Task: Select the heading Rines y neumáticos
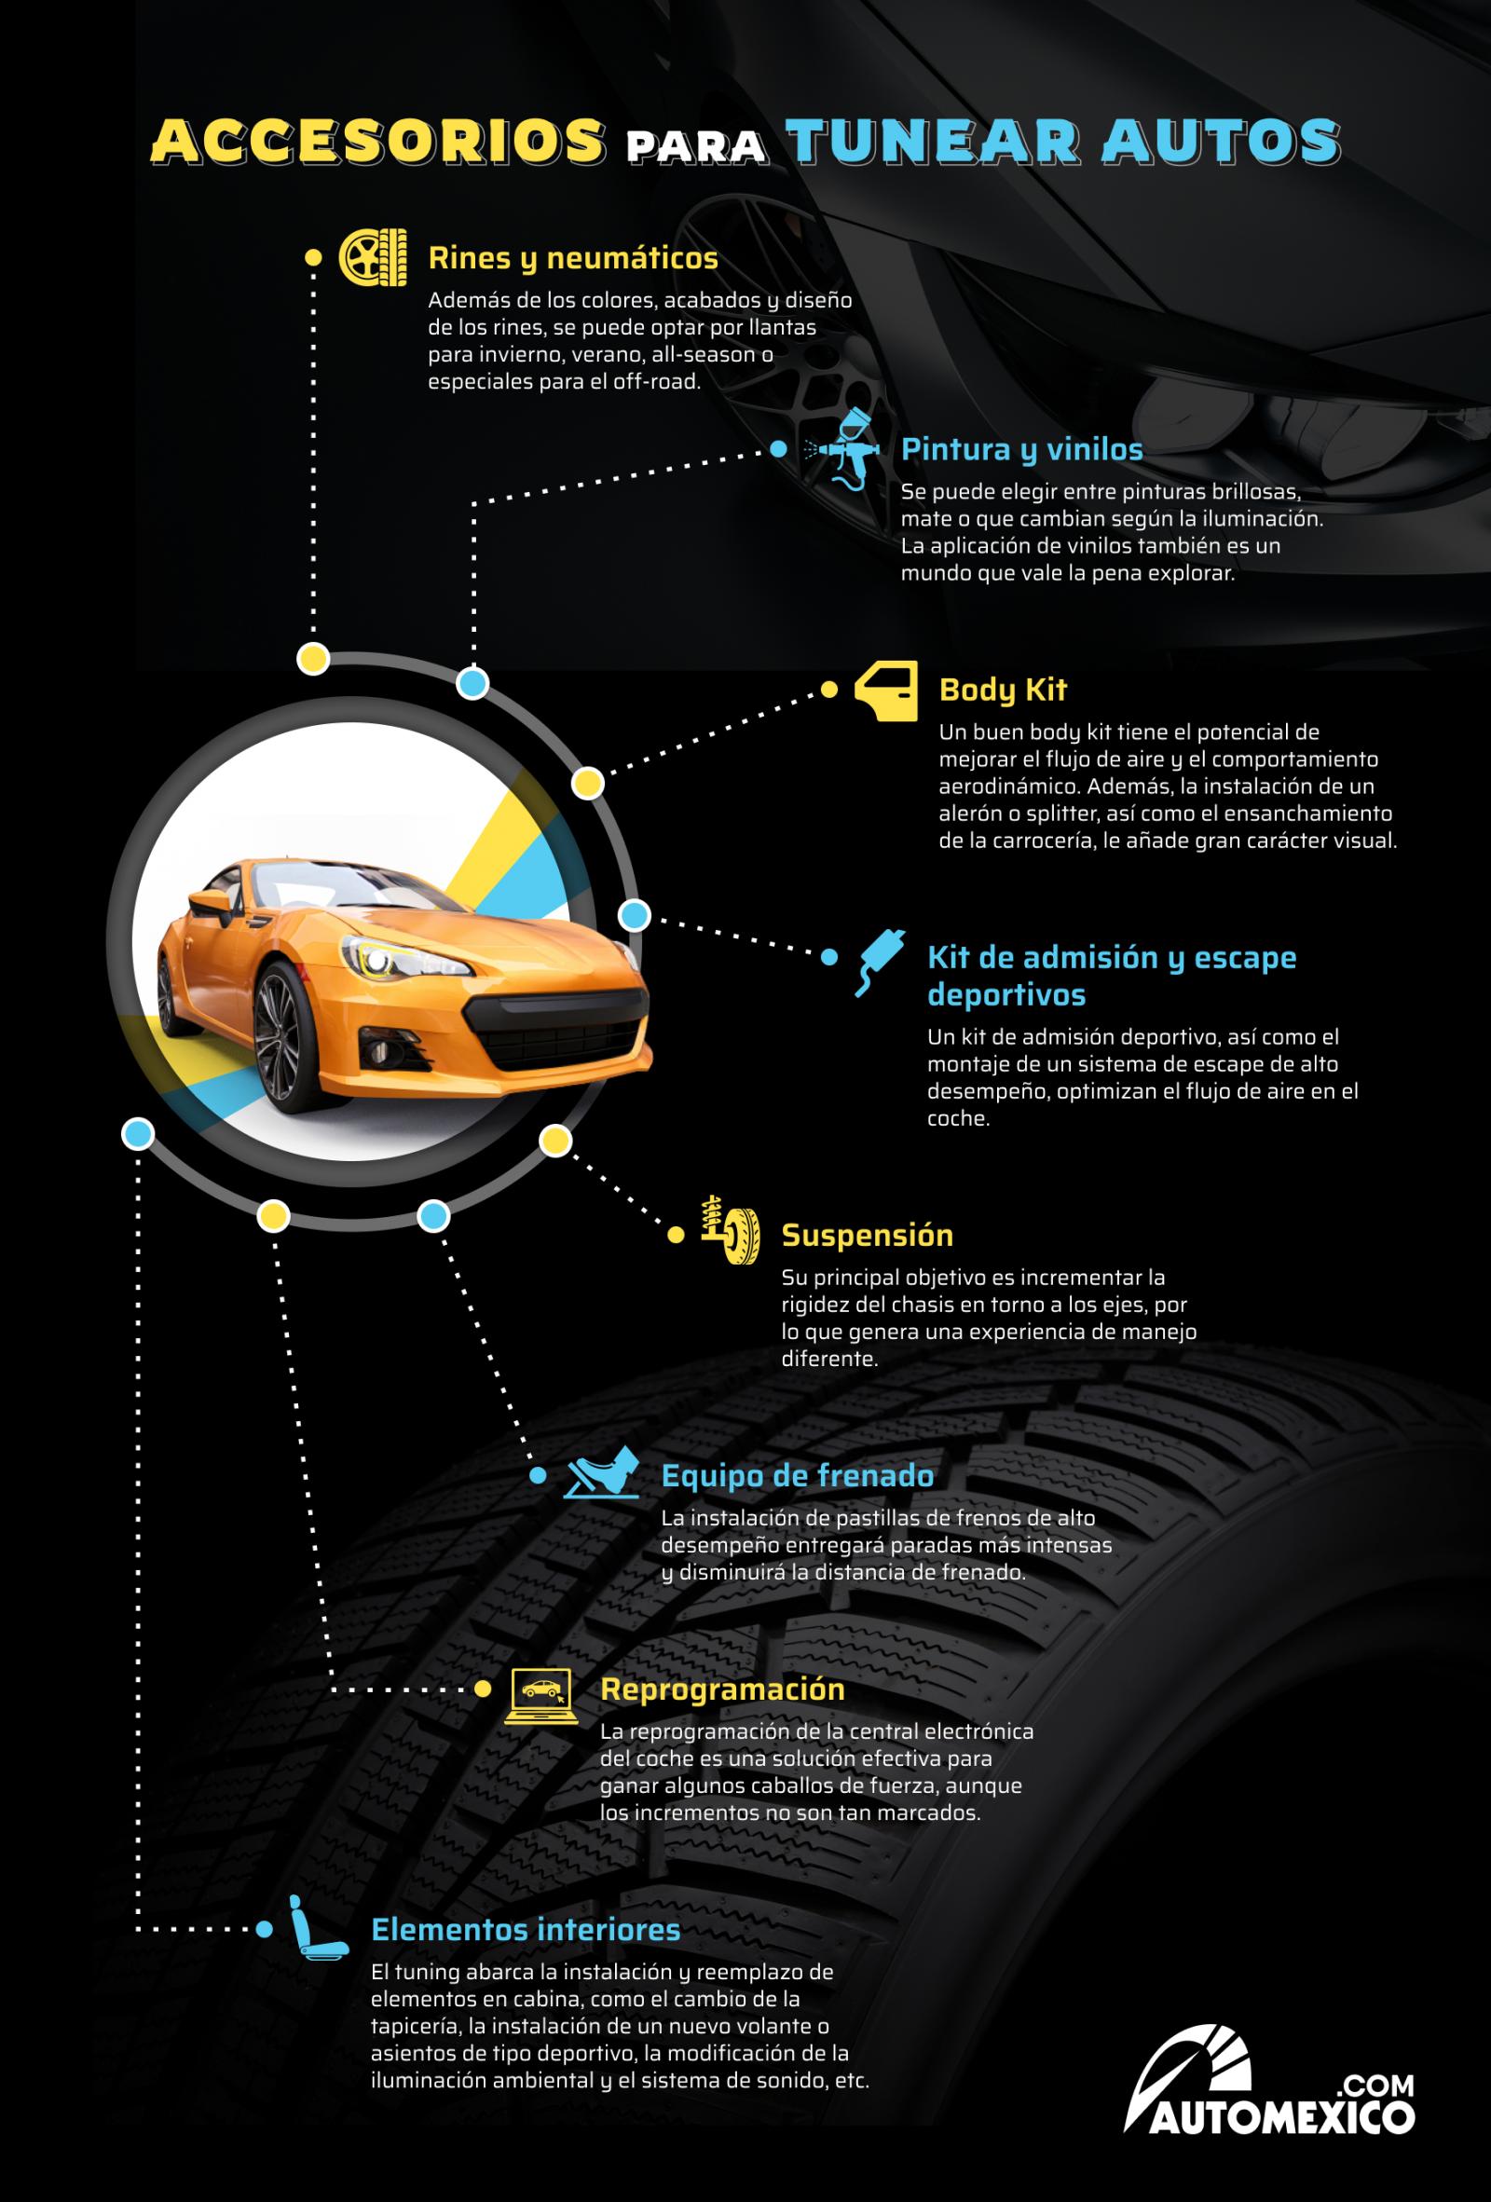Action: pyautogui.click(x=573, y=258)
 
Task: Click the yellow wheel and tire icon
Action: pyautogui.click(x=374, y=257)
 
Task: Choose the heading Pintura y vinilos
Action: pyautogui.click(x=1021, y=448)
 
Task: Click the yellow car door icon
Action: pyautogui.click(x=886, y=691)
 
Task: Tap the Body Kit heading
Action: pyautogui.click(x=1002, y=690)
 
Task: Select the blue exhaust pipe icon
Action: pyautogui.click(x=878, y=964)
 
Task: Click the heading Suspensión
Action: pyautogui.click(x=867, y=1235)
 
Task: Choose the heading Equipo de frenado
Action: pyautogui.click(x=797, y=1475)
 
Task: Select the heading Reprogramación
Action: pyautogui.click(x=722, y=1689)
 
